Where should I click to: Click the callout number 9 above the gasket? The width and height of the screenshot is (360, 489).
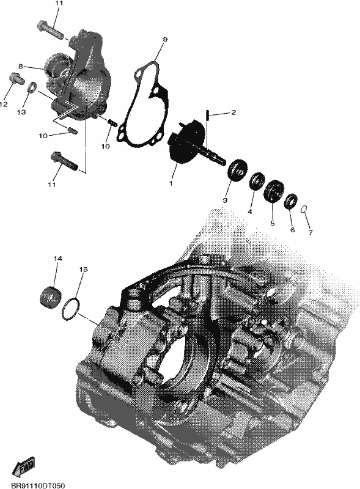165,39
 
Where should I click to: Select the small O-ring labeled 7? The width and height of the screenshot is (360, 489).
303,210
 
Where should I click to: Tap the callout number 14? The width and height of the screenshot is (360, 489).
57,259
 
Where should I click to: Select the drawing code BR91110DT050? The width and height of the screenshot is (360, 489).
38,486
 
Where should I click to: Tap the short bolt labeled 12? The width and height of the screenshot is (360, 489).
17,78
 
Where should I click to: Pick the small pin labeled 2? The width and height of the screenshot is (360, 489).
207,116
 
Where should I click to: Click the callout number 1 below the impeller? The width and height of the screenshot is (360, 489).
171,183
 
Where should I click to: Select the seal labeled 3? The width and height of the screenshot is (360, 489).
238,169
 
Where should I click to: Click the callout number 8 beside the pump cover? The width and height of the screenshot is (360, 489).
21,66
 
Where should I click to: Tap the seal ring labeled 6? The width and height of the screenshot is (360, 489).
290,202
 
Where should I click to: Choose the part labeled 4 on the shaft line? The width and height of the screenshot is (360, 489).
257,180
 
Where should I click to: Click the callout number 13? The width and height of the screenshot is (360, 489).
21,112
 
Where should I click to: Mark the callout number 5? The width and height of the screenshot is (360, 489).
273,223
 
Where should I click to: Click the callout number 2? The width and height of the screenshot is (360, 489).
233,112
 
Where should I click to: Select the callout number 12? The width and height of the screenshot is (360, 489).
4,105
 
